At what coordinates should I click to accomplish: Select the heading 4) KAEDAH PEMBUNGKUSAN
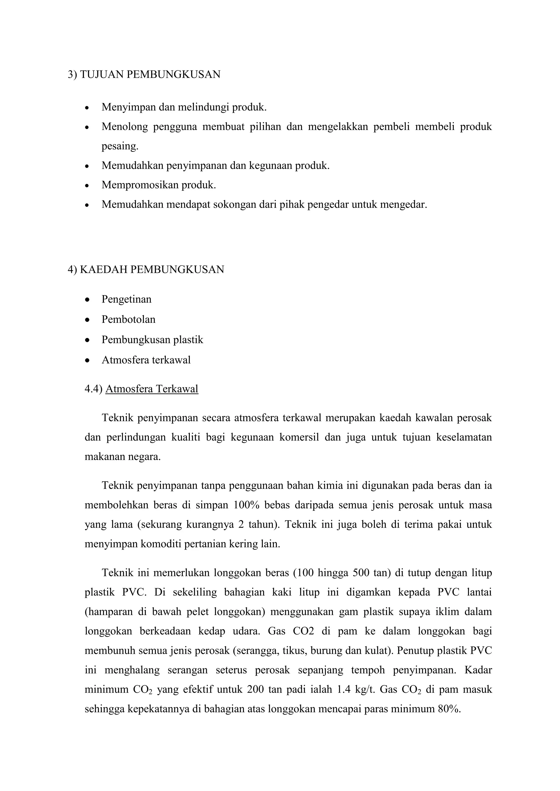pos(146,269)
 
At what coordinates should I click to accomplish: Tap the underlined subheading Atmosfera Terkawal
pos(152,389)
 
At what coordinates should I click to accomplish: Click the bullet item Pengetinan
pos(127,299)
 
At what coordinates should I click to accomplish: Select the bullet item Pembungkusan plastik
pos(152,340)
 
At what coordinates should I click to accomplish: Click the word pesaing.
pos(120,146)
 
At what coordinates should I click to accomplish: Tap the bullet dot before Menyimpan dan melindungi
pos(87,108)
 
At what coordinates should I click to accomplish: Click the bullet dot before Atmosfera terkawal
pos(87,360)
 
